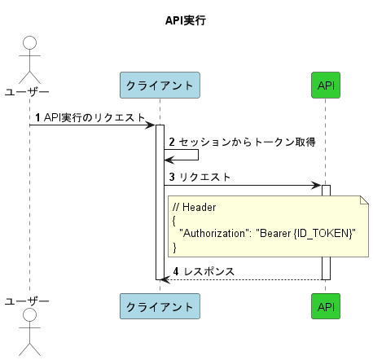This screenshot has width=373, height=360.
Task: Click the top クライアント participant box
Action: pyautogui.click(x=160, y=85)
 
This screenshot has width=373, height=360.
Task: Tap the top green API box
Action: pyautogui.click(x=327, y=85)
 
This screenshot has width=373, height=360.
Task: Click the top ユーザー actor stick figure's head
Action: pyautogui.click(x=30, y=43)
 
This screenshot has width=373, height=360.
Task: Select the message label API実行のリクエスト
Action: pyautogui.click(x=94, y=117)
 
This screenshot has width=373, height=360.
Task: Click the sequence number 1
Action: pyautogui.click(x=37, y=117)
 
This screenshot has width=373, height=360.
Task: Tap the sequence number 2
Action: pyautogui.click(x=172, y=142)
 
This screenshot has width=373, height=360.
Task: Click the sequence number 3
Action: pyautogui.click(x=172, y=177)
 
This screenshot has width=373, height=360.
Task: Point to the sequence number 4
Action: pyautogui.click(x=177, y=270)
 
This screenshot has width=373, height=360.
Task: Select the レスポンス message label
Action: pyautogui.click(x=211, y=270)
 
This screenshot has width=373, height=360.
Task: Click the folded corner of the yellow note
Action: pyautogui.click(x=365, y=200)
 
